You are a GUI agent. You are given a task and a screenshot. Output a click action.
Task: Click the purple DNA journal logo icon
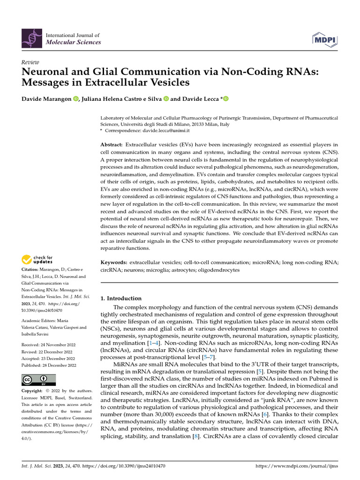pyautogui.click(x=31, y=38)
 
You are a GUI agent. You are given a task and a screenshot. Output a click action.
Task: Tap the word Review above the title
pyautogui.click(x=30, y=62)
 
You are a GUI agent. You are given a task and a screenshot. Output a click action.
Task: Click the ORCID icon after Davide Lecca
pyautogui.click(x=225, y=98)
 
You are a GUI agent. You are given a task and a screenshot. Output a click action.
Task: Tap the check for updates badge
pyautogui.click(x=37, y=259)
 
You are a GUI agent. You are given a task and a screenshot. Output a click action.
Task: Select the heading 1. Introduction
pyautogui.click(x=121, y=298)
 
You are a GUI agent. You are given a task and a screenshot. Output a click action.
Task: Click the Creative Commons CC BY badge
pyautogui.click(x=38, y=380)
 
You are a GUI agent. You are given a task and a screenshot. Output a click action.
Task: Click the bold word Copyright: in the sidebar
pyautogui.click(x=35, y=391)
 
